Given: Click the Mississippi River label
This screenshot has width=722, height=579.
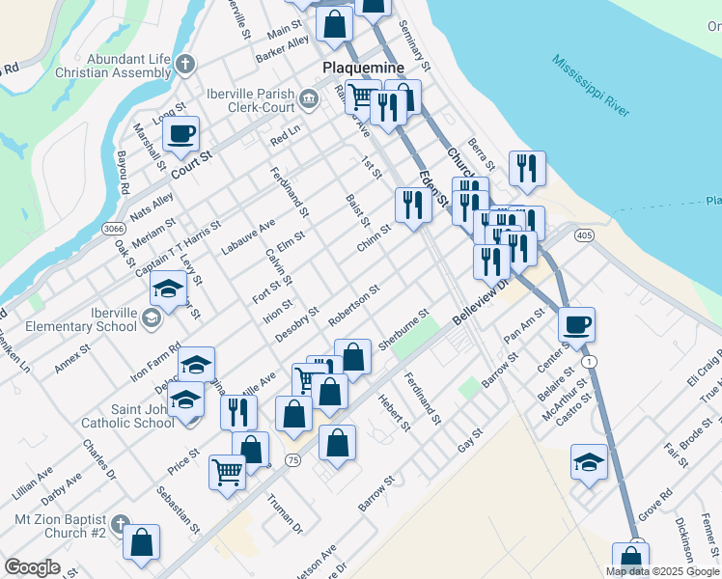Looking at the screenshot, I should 592,86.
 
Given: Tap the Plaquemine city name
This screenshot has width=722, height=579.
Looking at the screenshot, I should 362,69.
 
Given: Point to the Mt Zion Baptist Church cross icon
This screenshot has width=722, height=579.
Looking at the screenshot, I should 119,524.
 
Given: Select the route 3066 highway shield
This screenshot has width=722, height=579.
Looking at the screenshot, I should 113,228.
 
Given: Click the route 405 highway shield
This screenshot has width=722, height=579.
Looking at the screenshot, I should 582,234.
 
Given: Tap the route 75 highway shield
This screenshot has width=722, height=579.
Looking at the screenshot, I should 292,461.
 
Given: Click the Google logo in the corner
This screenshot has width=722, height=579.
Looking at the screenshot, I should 31,567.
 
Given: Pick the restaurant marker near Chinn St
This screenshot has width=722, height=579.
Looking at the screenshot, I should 412,204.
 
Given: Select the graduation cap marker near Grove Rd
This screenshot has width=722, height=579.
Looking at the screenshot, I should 589,460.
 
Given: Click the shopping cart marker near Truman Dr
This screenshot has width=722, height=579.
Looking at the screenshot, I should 227,472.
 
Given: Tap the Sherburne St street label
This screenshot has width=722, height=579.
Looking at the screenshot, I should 403,331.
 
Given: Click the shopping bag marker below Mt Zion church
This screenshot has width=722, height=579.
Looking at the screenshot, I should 142,542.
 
